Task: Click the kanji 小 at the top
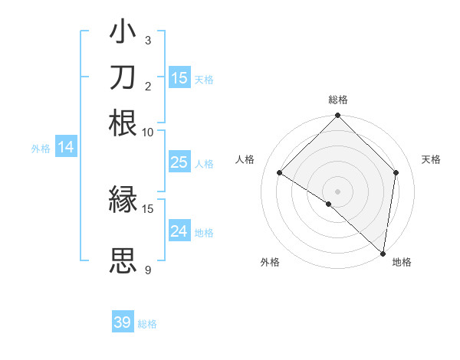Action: pyautogui.click(x=123, y=34)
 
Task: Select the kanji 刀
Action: pyautogui.click(x=123, y=77)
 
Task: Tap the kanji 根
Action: pyautogui.click(x=123, y=122)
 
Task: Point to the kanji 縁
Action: pyautogui.click(x=123, y=200)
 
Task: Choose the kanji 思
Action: pyautogui.click(x=123, y=260)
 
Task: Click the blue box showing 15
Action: pyautogui.click(x=179, y=77)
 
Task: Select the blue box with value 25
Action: pyautogui.click(x=179, y=162)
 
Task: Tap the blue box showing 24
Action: pyautogui.click(x=179, y=231)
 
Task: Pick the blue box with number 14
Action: pyautogui.click(x=66, y=148)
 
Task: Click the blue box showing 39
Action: pyautogui.click(x=123, y=322)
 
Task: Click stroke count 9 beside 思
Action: pyautogui.click(x=147, y=270)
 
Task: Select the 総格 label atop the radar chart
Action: pyautogui.click(x=337, y=100)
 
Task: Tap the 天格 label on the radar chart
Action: pyautogui.click(x=431, y=159)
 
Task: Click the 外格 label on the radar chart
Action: pyautogui.click(x=270, y=262)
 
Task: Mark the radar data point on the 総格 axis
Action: pyautogui.click(x=337, y=116)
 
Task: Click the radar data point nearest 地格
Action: pyautogui.click(x=383, y=253)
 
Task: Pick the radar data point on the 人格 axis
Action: pyautogui.click(x=280, y=172)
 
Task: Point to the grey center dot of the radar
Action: pyautogui.click(x=337, y=191)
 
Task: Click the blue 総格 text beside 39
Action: pyautogui.click(x=147, y=324)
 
